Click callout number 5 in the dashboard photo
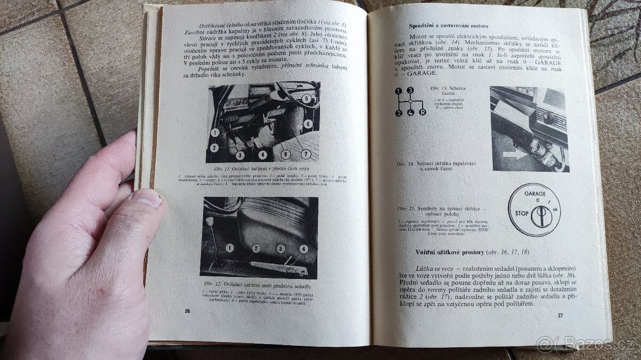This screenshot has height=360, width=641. (306, 98)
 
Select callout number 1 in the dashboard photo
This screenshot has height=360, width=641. (214, 132)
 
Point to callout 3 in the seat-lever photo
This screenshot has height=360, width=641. (281, 248)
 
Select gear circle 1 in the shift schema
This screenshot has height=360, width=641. (398, 91)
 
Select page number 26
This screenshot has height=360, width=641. (187, 310)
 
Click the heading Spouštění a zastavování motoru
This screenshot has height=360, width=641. (449, 26)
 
